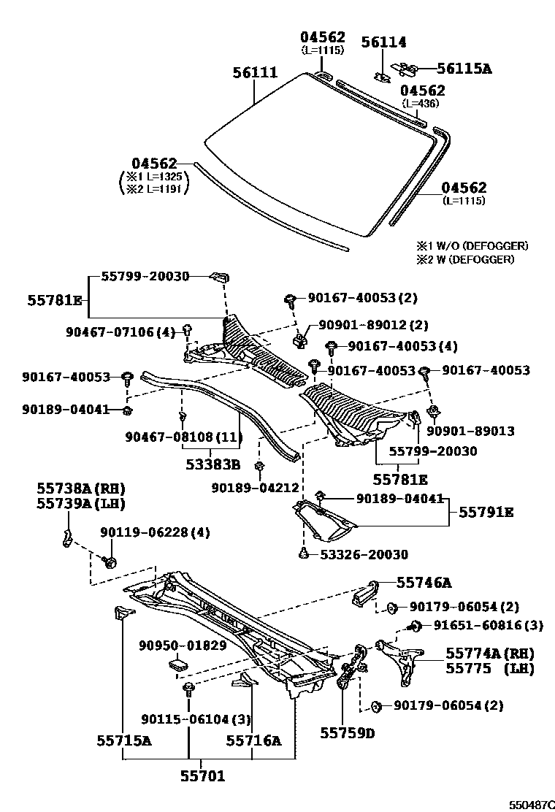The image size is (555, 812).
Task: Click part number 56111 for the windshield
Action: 255,73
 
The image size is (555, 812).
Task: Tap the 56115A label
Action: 464,69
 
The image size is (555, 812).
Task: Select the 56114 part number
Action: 383,42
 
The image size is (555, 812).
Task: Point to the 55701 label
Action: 202,776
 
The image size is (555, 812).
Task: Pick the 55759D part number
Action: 347,732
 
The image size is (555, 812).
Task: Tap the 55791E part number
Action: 486,513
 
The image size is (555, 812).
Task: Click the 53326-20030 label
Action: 364,555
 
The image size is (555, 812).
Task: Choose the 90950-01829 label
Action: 183,646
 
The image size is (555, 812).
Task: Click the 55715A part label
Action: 124,740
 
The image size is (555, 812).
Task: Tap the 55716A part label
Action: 253,740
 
